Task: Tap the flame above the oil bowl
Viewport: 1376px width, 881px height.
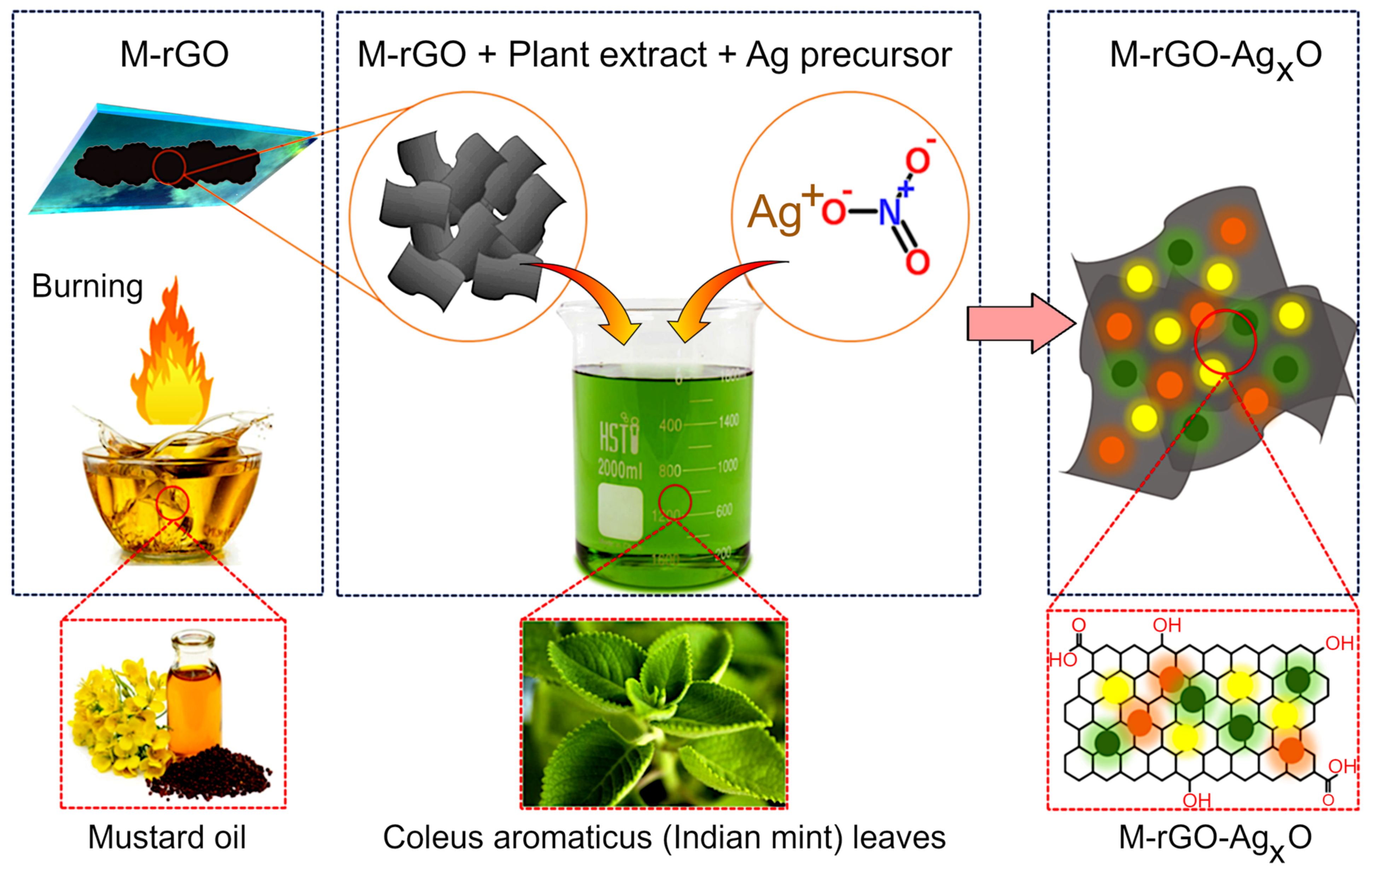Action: [171, 360]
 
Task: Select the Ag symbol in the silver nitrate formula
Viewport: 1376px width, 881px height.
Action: [774, 213]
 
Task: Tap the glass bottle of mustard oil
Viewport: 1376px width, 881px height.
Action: [193, 692]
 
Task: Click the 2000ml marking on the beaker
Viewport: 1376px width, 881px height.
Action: [619, 469]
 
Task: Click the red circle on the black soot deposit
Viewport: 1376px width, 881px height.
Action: [169, 167]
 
